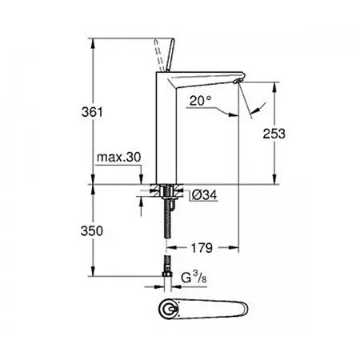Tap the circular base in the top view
coord(170,312)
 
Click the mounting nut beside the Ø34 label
coord(168,193)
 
